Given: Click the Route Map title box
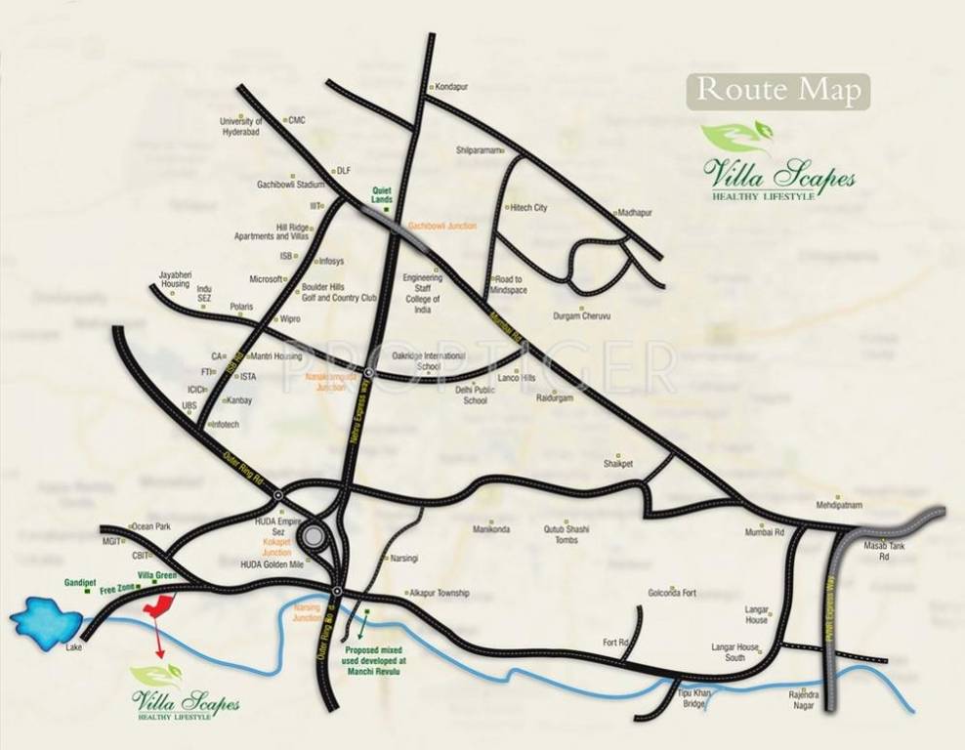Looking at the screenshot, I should pyautogui.click(x=778, y=91).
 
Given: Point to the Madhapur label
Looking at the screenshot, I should pyautogui.click(x=635, y=212).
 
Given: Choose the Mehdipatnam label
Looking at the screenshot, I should pyautogui.click(x=841, y=505).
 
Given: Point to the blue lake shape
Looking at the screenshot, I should pyautogui.click(x=46, y=620).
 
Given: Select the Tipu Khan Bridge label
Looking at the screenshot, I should pyautogui.click(x=691, y=697).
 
